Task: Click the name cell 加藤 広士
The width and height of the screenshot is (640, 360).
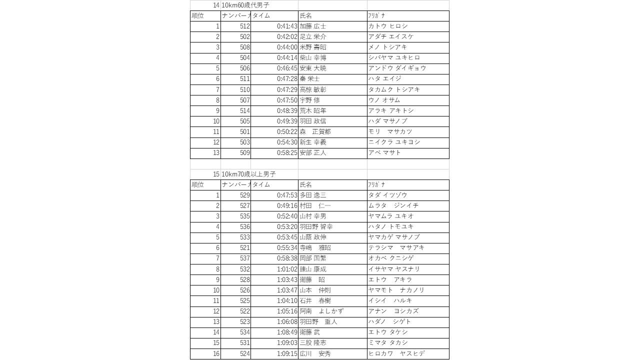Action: coord(313,26)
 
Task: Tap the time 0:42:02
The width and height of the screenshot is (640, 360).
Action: coord(287,36)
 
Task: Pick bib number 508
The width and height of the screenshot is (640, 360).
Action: coord(244,47)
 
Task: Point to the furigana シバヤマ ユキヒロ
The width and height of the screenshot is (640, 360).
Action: coord(394,57)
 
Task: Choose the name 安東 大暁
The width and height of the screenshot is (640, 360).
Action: coord(313,68)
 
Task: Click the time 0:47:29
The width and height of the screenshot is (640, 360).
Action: coord(287,89)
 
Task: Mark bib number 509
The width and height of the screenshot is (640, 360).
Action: coord(244,152)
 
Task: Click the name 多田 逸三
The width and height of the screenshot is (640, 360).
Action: coord(313,195)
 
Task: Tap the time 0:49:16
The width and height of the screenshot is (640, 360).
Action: coord(287,205)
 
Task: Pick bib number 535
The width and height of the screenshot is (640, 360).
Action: coord(244,216)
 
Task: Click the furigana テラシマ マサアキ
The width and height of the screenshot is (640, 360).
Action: coord(396,247)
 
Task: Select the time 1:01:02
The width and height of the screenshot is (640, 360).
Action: coord(287,269)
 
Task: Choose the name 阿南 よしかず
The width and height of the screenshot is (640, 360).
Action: coord(321,311)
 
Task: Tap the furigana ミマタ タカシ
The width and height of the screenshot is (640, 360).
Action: coord(388,342)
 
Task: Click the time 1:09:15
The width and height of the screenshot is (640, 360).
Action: coord(287,353)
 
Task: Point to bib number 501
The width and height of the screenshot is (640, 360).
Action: coord(244,131)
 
